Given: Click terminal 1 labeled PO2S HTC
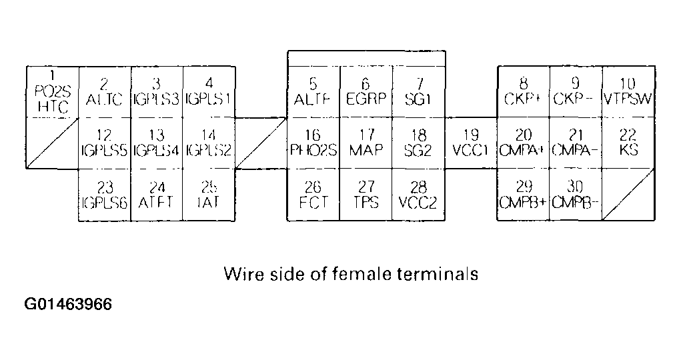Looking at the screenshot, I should [53, 92].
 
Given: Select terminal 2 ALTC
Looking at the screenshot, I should [105, 92].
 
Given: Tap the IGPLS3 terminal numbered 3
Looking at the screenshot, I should [157, 92].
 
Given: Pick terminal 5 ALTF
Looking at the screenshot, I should [313, 92].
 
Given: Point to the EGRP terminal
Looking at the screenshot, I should [366, 92].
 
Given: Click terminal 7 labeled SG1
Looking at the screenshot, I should [418, 92].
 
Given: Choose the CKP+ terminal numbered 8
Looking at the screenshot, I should [524, 92].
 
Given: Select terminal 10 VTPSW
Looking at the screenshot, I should [628, 92].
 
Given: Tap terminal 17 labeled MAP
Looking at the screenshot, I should [366, 143].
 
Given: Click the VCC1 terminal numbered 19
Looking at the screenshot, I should [471, 143].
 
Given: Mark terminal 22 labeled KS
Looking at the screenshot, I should [628, 143].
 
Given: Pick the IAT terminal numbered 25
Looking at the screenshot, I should [209, 195].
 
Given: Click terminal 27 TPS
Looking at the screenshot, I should [366, 195].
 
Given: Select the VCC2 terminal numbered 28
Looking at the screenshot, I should [418, 195].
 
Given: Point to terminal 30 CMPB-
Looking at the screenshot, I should [576, 195].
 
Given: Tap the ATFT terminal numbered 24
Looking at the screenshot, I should [157, 195].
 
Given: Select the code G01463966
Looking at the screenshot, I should [69, 305].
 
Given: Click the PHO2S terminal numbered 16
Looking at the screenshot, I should [313, 143].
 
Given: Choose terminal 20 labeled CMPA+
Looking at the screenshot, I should [524, 143].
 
